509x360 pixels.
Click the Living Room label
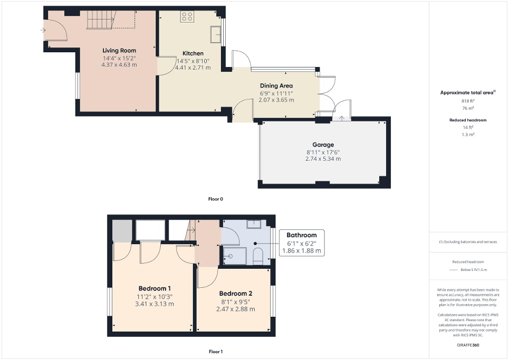[x=119, y=51]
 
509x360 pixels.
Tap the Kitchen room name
[x=193, y=54]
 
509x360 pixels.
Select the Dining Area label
[x=276, y=85]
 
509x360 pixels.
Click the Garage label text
[x=323, y=144]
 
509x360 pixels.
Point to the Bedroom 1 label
[x=155, y=288]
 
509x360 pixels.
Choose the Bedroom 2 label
[x=236, y=294]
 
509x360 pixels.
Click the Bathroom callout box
[x=302, y=243]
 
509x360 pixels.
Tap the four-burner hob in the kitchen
[x=187, y=17]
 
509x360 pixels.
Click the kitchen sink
[x=215, y=34]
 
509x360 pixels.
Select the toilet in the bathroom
[x=258, y=257]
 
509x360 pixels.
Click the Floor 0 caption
[x=216, y=199]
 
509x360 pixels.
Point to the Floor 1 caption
[x=216, y=351]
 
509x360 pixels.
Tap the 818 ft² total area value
[x=468, y=101]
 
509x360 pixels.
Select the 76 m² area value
[x=468, y=108]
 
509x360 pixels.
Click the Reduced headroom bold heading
[x=468, y=120]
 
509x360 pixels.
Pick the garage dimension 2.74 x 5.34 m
[x=323, y=158]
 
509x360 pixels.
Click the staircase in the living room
[x=100, y=21]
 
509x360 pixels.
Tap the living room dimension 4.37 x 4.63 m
[x=119, y=65]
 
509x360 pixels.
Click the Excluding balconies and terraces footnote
[x=468, y=242]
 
